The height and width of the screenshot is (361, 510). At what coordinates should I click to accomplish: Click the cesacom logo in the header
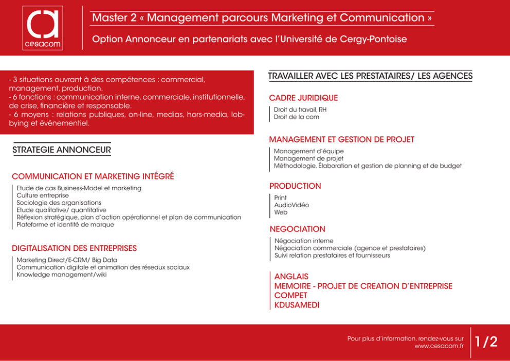[43, 28]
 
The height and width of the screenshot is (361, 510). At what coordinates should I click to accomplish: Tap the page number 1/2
[486, 342]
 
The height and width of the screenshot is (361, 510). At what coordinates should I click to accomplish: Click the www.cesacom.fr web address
[439, 346]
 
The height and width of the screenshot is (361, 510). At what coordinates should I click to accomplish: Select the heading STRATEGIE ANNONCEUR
[62, 150]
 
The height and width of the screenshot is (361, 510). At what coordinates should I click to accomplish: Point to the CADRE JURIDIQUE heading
[303, 98]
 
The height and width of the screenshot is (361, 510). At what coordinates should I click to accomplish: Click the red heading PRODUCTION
[295, 186]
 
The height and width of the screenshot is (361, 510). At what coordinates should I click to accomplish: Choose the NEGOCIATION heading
[297, 229]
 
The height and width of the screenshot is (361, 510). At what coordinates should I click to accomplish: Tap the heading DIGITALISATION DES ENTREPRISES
[74, 248]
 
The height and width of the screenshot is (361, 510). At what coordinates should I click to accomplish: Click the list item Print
[280, 198]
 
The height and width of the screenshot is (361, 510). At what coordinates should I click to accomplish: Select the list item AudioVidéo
[292, 205]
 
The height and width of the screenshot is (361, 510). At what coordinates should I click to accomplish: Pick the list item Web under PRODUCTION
[281, 212]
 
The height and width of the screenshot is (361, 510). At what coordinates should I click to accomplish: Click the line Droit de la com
[296, 117]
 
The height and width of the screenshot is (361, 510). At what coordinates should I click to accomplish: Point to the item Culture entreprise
[43, 195]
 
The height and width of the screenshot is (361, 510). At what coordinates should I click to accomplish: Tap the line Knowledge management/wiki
[62, 275]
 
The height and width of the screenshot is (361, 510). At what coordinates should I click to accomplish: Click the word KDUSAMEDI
[297, 305]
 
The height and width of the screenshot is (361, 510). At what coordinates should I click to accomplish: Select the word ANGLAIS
[291, 277]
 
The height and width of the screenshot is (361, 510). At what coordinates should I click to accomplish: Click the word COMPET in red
[291, 295]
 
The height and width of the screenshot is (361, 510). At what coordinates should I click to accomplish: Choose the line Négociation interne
[304, 241]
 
